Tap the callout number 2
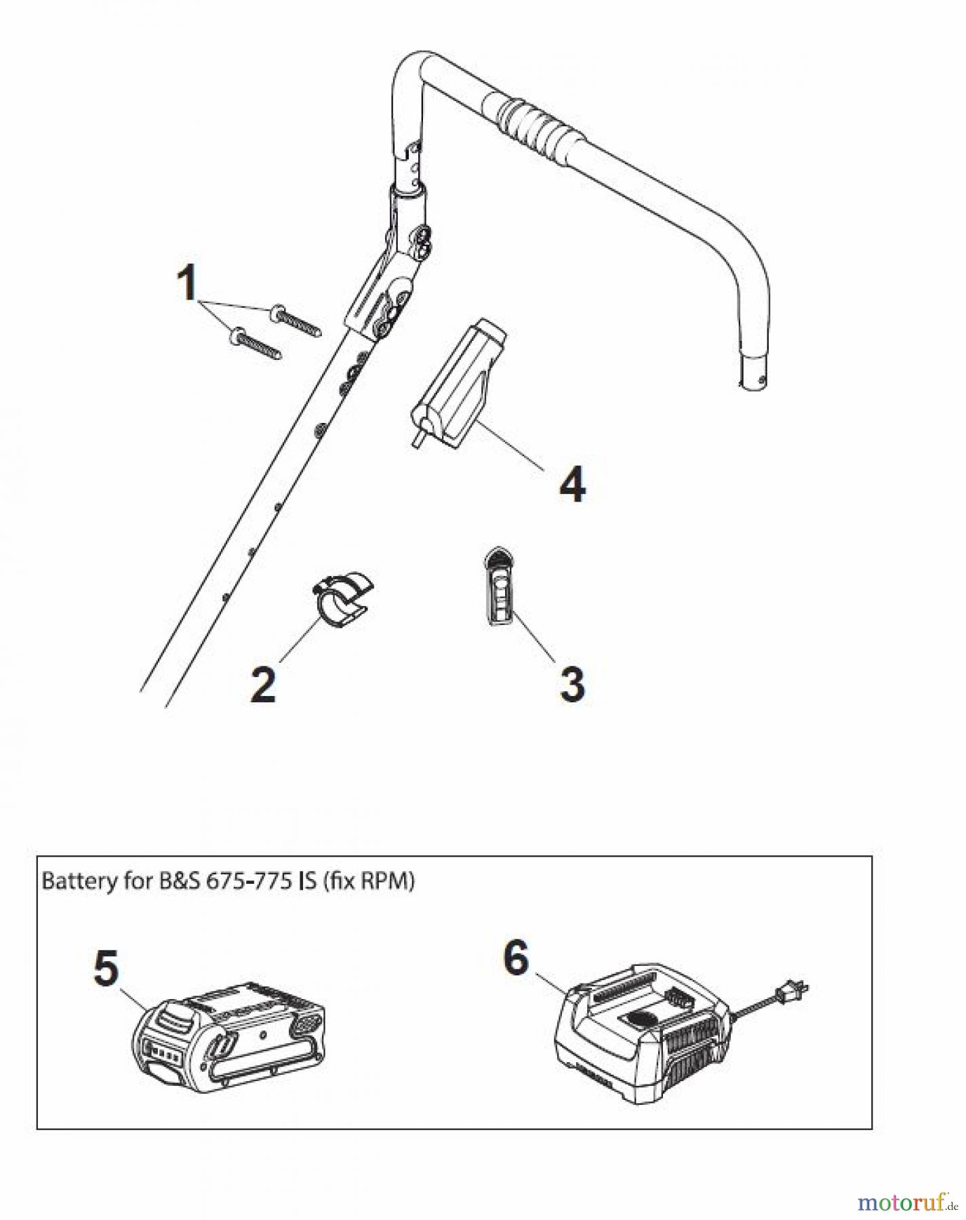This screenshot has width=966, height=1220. click(x=263, y=685)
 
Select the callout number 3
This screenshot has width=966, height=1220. click(x=572, y=685)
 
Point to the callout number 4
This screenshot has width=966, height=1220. click(x=573, y=485)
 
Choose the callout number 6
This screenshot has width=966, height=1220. click(x=516, y=958)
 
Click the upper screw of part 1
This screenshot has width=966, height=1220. click(x=299, y=321)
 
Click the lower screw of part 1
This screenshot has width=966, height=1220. click(x=257, y=343)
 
